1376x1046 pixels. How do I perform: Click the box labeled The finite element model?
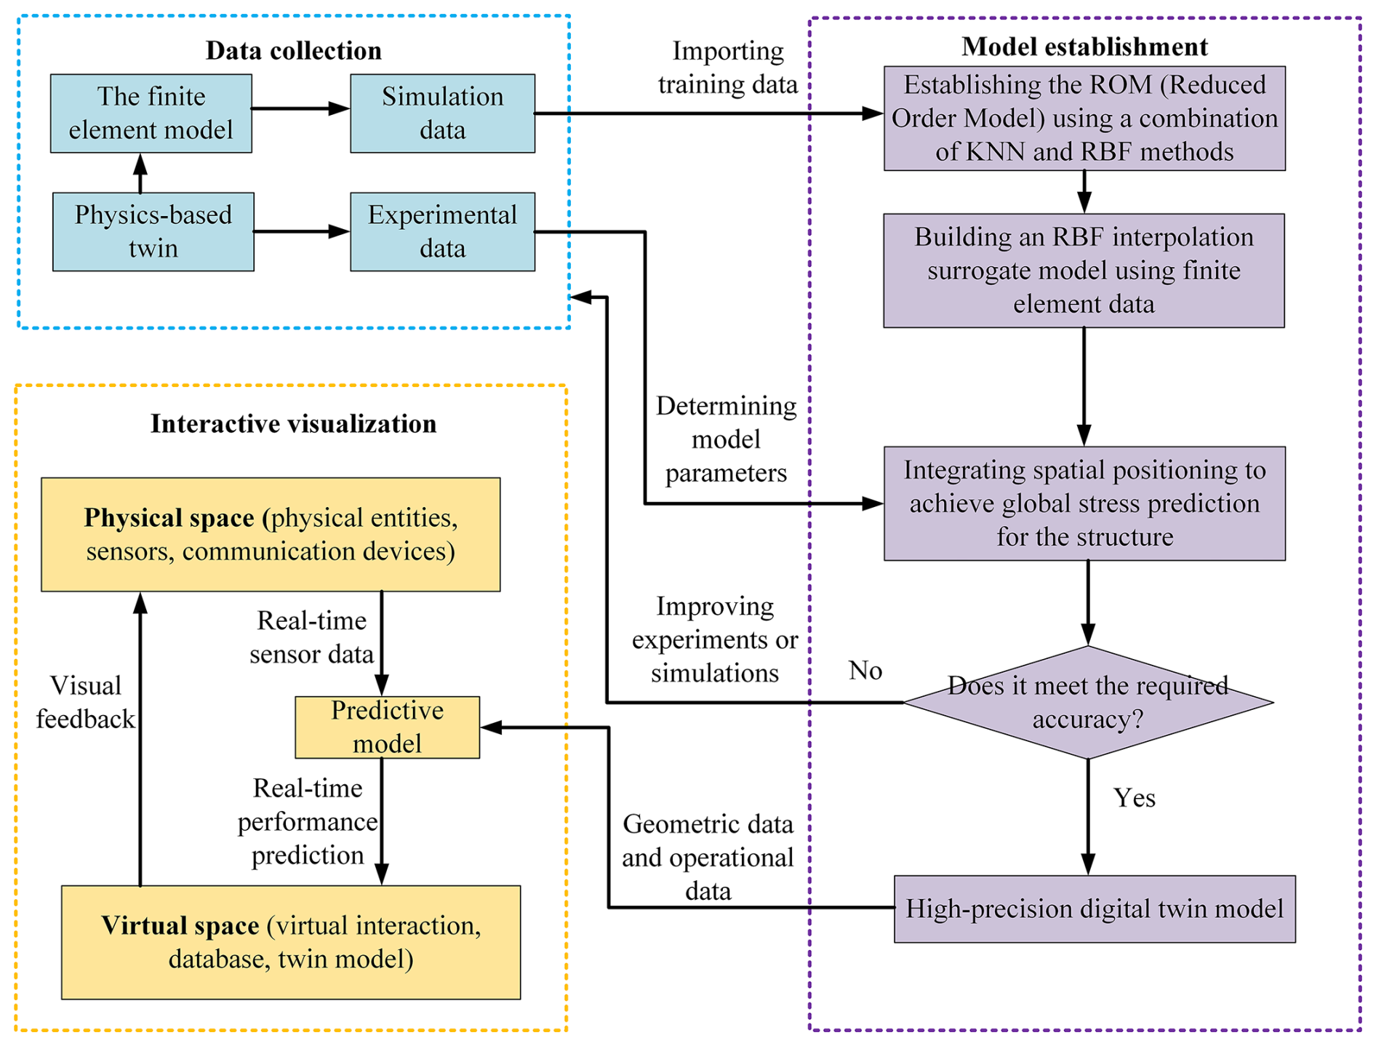click(x=151, y=113)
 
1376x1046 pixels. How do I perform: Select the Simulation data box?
click(x=442, y=113)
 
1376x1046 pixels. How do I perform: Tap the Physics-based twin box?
click(x=153, y=231)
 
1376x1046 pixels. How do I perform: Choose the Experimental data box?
click(x=442, y=231)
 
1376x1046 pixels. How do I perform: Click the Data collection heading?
click(x=293, y=51)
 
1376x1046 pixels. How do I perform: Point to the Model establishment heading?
click(x=1084, y=47)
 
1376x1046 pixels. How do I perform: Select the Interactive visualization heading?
click(x=293, y=424)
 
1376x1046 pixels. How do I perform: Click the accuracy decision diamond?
click(x=1087, y=703)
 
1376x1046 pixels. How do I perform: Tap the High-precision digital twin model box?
click(x=1094, y=909)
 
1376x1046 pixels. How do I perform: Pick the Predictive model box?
click(x=387, y=727)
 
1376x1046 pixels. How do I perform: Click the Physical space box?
click(x=271, y=534)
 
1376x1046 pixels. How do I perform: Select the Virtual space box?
click(x=290, y=942)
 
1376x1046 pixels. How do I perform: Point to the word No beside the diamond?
click(x=865, y=671)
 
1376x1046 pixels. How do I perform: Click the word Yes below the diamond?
click(x=1134, y=798)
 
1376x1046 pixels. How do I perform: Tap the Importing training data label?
click(x=727, y=68)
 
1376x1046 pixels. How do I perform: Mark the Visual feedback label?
click(x=85, y=703)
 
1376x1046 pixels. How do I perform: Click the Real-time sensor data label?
click(x=311, y=637)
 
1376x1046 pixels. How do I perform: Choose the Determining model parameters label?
click(x=726, y=439)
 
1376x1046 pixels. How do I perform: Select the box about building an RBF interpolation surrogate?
click(x=1084, y=271)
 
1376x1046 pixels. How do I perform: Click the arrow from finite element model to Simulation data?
click(x=300, y=109)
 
